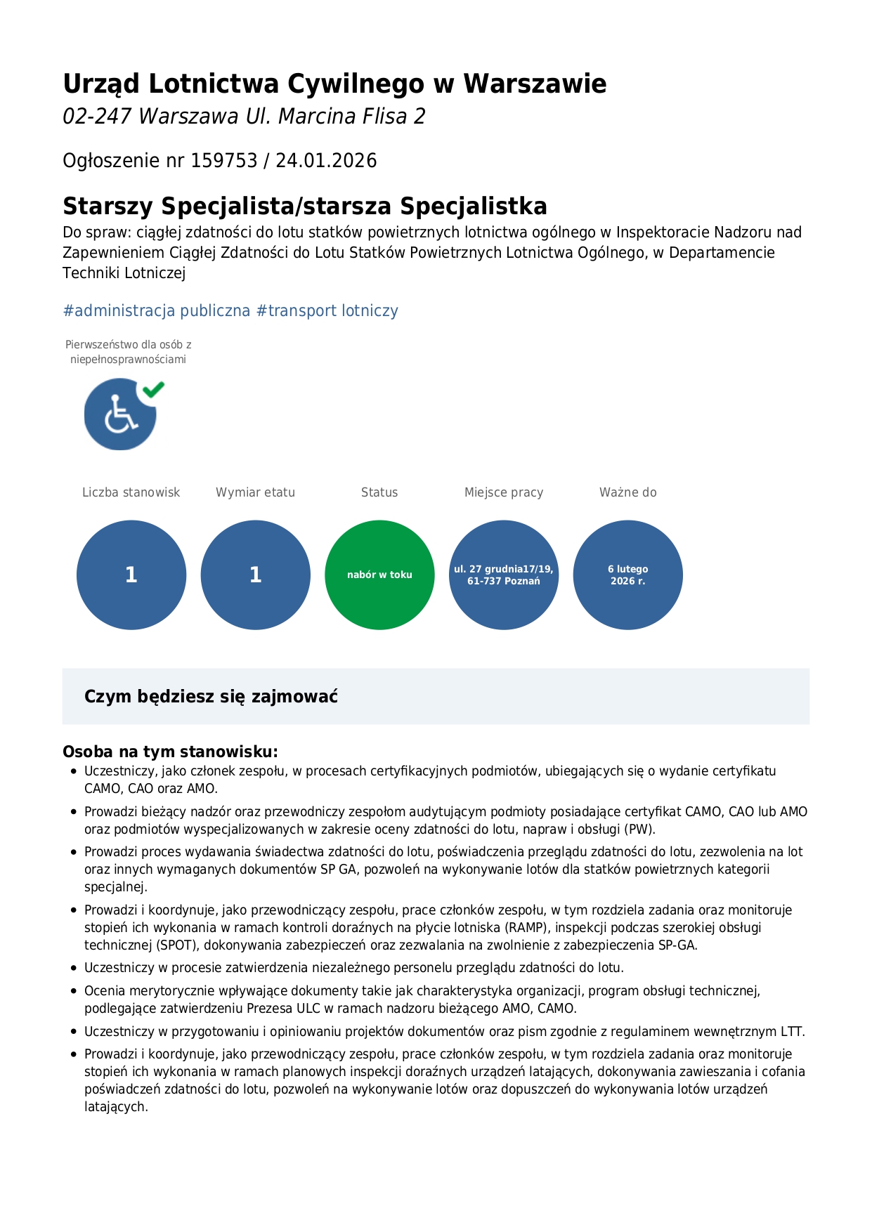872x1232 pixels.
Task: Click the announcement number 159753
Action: tap(224, 161)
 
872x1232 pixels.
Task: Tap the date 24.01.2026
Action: tap(326, 161)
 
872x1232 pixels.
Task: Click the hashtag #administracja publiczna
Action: tap(157, 310)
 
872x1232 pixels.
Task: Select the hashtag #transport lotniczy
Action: tap(327, 310)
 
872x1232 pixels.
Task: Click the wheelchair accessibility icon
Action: tap(119, 415)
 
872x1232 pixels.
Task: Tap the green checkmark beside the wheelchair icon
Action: tap(153, 389)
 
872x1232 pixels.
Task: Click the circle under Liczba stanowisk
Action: tap(131, 575)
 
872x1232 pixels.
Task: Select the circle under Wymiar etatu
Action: tap(256, 575)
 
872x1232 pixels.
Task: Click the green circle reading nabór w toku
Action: tap(379, 575)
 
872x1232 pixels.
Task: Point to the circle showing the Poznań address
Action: tap(504, 575)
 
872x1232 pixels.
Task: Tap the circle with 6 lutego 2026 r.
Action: tap(628, 575)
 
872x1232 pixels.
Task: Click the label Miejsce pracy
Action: tap(504, 492)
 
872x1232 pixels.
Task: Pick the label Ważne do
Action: tap(628, 492)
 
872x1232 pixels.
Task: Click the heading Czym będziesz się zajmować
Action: tap(211, 697)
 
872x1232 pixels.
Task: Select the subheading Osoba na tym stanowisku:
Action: tap(170, 752)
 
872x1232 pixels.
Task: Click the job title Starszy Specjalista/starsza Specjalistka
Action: tap(305, 207)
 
